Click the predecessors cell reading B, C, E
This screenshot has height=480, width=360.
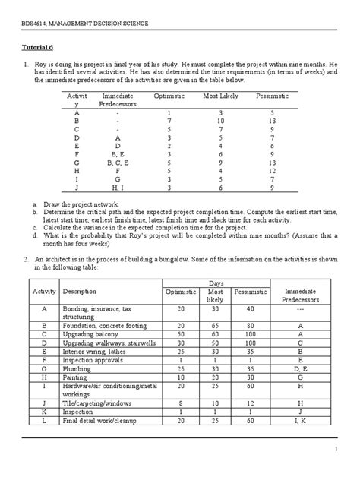(x=117, y=162)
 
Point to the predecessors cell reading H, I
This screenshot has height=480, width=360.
(x=117, y=187)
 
